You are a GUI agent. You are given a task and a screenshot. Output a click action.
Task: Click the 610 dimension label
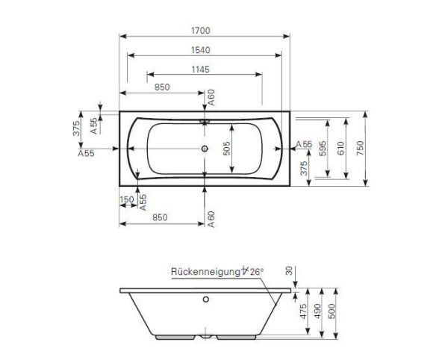point(341,148)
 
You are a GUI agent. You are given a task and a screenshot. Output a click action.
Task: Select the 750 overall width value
point(360,148)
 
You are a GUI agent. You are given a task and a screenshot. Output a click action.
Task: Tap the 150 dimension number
point(126,199)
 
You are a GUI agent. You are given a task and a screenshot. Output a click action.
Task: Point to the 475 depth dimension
point(303,311)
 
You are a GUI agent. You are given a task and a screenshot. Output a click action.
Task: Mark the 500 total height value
point(340,311)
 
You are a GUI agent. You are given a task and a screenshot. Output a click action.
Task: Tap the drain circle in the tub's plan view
point(204,148)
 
